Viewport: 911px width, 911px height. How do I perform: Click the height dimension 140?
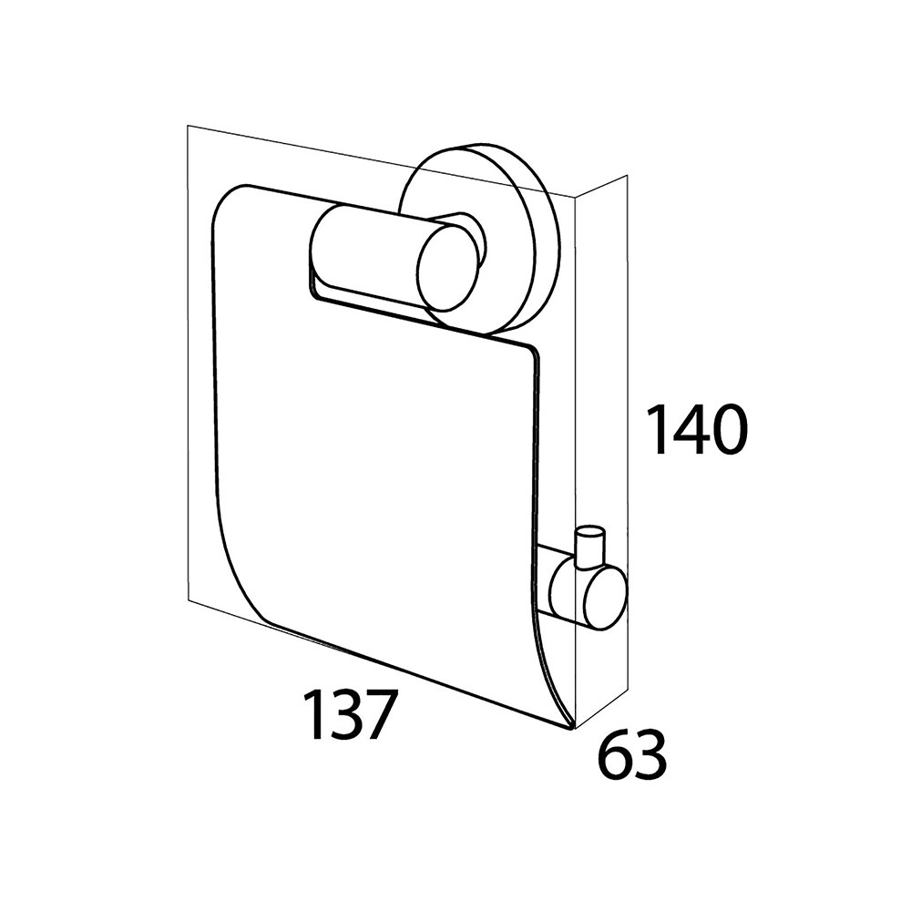pos(696,430)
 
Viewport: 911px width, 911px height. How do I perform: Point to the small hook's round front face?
pos(606,598)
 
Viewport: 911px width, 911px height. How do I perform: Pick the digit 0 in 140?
pos(724,431)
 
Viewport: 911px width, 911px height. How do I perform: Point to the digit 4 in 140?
pos(687,430)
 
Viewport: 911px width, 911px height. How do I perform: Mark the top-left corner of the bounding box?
pos(187,125)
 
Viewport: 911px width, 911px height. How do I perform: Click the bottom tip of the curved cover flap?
pos(572,728)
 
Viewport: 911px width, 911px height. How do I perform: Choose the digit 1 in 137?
pos(313,714)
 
